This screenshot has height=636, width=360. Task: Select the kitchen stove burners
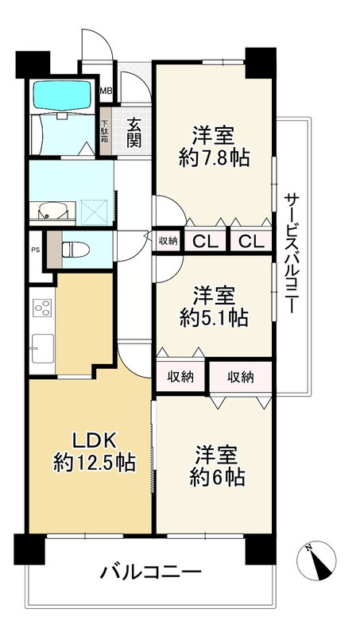(x=41, y=308)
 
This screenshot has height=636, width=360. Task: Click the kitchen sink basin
(x=42, y=347)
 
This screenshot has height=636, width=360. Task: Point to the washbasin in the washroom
(x=50, y=211)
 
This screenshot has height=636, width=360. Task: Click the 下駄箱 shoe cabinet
(x=105, y=134)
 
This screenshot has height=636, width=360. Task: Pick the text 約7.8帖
(x=214, y=157)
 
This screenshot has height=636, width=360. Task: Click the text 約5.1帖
(x=214, y=318)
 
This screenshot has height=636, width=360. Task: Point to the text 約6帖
(x=214, y=478)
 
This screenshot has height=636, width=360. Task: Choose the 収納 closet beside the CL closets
(x=168, y=241)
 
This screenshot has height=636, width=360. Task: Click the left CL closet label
(x=203, y=241)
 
